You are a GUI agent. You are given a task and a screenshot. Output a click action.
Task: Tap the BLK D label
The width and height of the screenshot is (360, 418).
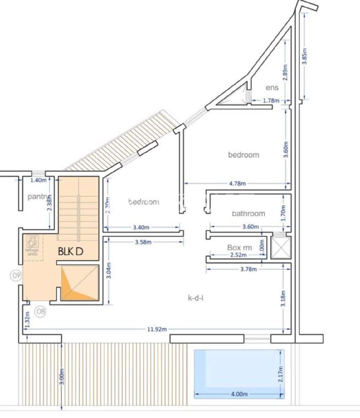tap(70, 251)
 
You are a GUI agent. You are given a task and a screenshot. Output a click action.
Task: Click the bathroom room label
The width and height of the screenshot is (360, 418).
tap(248, 213)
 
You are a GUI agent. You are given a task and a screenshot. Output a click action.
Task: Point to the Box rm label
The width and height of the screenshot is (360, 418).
tap(239, 247)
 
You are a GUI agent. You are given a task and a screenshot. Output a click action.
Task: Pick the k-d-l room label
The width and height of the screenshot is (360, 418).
tap(196, 298)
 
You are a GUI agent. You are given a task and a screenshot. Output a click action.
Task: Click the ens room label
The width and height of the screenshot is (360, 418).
tap(272, 88)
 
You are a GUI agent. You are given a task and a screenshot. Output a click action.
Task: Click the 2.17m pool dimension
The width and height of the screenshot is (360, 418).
tap(281, 374)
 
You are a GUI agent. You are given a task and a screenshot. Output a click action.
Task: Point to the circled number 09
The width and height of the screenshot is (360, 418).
tap(16, 276)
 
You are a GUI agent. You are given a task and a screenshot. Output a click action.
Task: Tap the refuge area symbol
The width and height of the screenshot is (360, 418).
tap(33, 243)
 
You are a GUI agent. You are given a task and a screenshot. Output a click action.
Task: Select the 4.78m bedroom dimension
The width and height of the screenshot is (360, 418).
tap(237, 183)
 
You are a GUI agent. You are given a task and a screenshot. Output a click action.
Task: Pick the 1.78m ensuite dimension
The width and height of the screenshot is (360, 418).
tap(271, 101)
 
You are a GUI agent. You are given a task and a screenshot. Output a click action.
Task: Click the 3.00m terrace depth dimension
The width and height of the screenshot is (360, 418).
tap(62, 377)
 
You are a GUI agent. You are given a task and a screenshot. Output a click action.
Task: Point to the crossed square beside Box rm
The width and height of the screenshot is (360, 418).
tap(281, 248)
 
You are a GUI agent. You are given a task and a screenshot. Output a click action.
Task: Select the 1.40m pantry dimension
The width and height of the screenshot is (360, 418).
tap(38, 180)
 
